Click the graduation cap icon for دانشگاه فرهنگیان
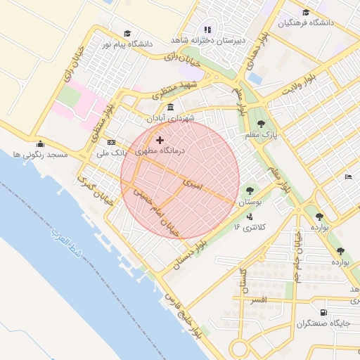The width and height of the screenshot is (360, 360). (x=305, y=12)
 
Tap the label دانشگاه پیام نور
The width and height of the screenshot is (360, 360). (x=127, y=44)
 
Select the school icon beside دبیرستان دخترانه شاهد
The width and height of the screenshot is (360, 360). (x=207, y=30)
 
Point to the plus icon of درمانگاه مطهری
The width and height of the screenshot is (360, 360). (x=160, y=141)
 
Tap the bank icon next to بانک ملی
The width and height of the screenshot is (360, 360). (x=110, y=142)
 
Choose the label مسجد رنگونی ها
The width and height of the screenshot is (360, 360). (x=40, y=153)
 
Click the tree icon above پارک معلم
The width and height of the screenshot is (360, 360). (x=261, y=123)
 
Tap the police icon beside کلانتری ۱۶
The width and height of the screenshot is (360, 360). (x=250, y=217)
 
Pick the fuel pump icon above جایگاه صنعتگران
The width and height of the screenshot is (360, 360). (x=323, y=313)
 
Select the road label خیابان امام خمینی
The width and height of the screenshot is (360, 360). (x=155, y=210)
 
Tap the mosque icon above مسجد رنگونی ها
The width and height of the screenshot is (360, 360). (x=40, y=143)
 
